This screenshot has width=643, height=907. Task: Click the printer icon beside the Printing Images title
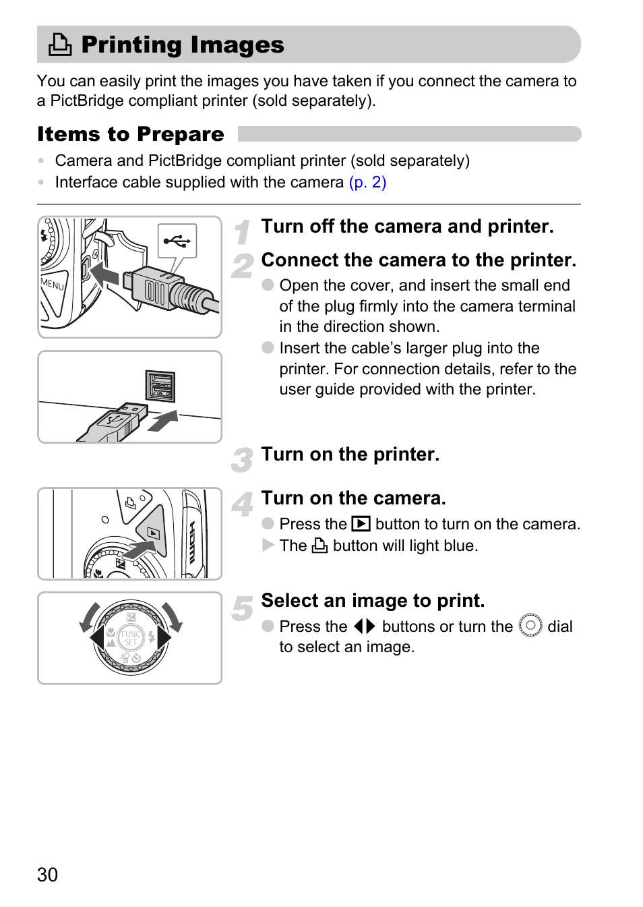pos(60,45)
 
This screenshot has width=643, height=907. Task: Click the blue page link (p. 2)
pos(367,182)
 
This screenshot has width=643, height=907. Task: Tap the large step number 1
pos(243,233)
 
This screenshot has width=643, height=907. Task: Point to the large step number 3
pos(242,460)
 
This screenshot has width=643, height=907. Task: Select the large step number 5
pos(242,608)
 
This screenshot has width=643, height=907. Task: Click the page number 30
pos(47,875)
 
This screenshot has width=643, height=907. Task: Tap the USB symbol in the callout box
pos(177,240)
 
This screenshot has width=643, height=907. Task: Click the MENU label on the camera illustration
pos(53,283)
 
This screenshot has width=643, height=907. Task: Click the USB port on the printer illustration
pos(160,387)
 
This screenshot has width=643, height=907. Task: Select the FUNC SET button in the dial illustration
pos(131,637)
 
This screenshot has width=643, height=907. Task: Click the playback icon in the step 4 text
pos(361,524)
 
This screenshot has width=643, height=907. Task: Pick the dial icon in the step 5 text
pos(530,626)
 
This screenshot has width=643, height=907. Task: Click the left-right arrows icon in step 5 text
pos(364,626)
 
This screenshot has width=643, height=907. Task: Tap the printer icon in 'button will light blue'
pos(319,546)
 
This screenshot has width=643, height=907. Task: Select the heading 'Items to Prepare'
pos(131,134)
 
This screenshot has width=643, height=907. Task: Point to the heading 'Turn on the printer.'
pos(350,455)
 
